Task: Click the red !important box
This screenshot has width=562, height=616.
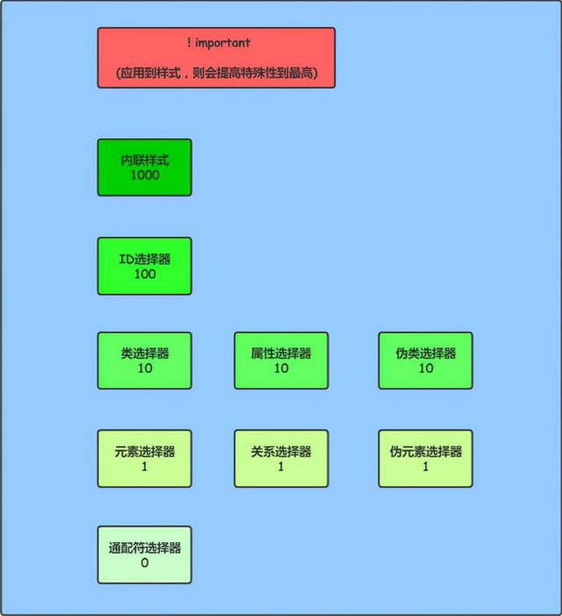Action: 216,58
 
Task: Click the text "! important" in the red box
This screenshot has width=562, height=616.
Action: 218,42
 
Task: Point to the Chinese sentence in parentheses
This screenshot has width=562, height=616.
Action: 217,73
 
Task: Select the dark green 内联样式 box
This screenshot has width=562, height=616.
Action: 145,167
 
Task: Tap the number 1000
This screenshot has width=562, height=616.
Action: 145,175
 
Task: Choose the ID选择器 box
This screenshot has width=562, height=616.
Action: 145,266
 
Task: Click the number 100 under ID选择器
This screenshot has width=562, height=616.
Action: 145,274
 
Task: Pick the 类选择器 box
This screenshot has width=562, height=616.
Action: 145,360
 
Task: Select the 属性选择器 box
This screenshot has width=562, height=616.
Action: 281,360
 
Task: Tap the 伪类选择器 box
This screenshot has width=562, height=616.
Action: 426,360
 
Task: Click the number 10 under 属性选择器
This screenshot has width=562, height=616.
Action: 281,368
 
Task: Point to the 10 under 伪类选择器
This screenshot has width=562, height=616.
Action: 426,368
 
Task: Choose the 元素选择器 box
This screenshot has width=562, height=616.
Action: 145,459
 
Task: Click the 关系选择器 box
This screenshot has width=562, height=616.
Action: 281,459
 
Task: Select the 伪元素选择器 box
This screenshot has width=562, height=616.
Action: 426,459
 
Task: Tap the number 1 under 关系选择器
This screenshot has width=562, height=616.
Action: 281,467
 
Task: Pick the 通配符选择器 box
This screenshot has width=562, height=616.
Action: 145,554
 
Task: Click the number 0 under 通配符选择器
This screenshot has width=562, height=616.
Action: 145,563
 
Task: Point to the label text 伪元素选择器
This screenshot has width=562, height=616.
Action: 426,452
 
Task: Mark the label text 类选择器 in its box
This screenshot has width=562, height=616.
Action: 145,353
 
